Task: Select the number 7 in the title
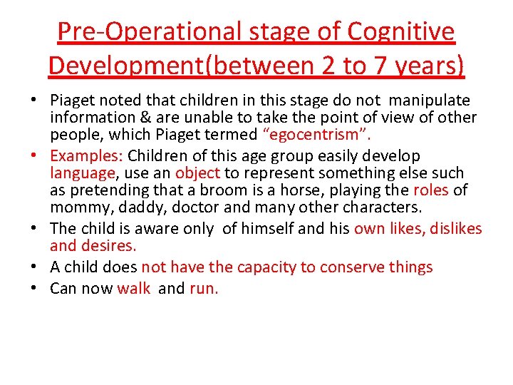click(x=380, y=66)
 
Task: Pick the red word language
click(x=82, y=173)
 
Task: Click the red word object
click(x=197, y=173)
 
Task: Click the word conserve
click(x=350, y=267)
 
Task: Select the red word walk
click(x=134, y=288)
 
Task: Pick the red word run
click(x=204, y=288)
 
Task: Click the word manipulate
click(x=432, y=100)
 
